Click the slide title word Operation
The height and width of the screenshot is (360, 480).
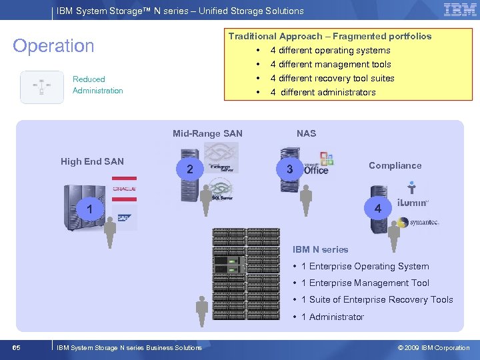[54, 46]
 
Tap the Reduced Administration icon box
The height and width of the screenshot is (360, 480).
[42, 87]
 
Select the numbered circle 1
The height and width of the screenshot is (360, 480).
[89, 210]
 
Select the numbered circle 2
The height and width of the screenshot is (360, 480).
[190, 169]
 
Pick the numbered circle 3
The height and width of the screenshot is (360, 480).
[289, 169]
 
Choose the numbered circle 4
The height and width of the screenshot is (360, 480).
[378, 209]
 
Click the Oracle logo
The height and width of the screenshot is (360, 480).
[124, 189]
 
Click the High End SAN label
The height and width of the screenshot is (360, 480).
[92, 161]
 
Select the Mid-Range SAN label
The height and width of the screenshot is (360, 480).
[207, 133]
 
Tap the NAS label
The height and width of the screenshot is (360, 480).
[306, 133]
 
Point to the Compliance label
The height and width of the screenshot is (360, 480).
[395, 165]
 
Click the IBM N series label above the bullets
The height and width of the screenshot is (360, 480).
[320, 249]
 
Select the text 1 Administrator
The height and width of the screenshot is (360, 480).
[332, 317]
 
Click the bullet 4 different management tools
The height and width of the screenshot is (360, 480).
[330, 64]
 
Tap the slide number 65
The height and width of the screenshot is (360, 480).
[16, 347]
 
